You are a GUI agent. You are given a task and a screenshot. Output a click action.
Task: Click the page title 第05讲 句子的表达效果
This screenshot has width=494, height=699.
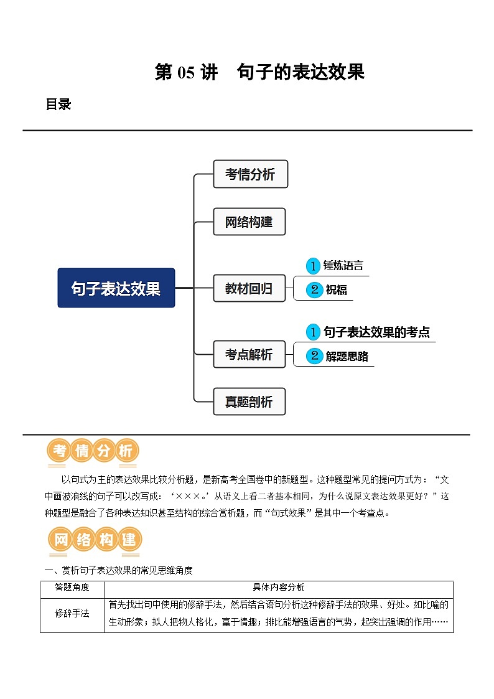point(259,73)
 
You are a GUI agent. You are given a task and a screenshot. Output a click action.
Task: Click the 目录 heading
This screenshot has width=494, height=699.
point(58,105)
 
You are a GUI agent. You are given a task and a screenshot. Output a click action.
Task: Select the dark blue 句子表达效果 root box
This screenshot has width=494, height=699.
point(116,288)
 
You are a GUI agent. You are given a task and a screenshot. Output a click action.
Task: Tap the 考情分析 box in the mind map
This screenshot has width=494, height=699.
point(250,174)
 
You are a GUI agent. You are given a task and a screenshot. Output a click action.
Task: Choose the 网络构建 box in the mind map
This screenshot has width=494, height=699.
point(249,222)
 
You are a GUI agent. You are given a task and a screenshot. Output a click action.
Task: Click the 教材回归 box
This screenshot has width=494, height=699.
point(249,289)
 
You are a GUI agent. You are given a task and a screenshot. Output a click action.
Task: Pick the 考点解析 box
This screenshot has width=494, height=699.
point(249,355)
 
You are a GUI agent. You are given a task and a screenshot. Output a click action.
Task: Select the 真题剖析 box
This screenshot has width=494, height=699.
point(248,402)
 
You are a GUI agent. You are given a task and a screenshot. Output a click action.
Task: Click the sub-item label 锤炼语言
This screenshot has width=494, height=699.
point(343,266)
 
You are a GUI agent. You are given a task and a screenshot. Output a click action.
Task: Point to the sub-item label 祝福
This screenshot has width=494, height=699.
point(336,289)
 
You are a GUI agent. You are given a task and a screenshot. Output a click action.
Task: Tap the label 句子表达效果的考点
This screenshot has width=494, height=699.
point(376,332)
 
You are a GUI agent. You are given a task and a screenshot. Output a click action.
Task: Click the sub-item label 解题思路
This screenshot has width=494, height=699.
point(347,356)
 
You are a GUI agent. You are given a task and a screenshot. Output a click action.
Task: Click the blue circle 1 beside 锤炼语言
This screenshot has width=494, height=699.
point(313,266)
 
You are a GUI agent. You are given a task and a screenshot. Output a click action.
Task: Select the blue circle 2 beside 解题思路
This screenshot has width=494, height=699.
point(314,356)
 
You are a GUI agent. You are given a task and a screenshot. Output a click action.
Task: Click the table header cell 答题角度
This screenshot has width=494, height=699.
point(72,588)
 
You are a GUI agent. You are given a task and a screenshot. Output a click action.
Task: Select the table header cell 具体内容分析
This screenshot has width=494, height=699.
point(278,588)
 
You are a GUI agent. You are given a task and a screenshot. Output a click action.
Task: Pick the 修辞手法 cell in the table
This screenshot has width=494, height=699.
point(72,614)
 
